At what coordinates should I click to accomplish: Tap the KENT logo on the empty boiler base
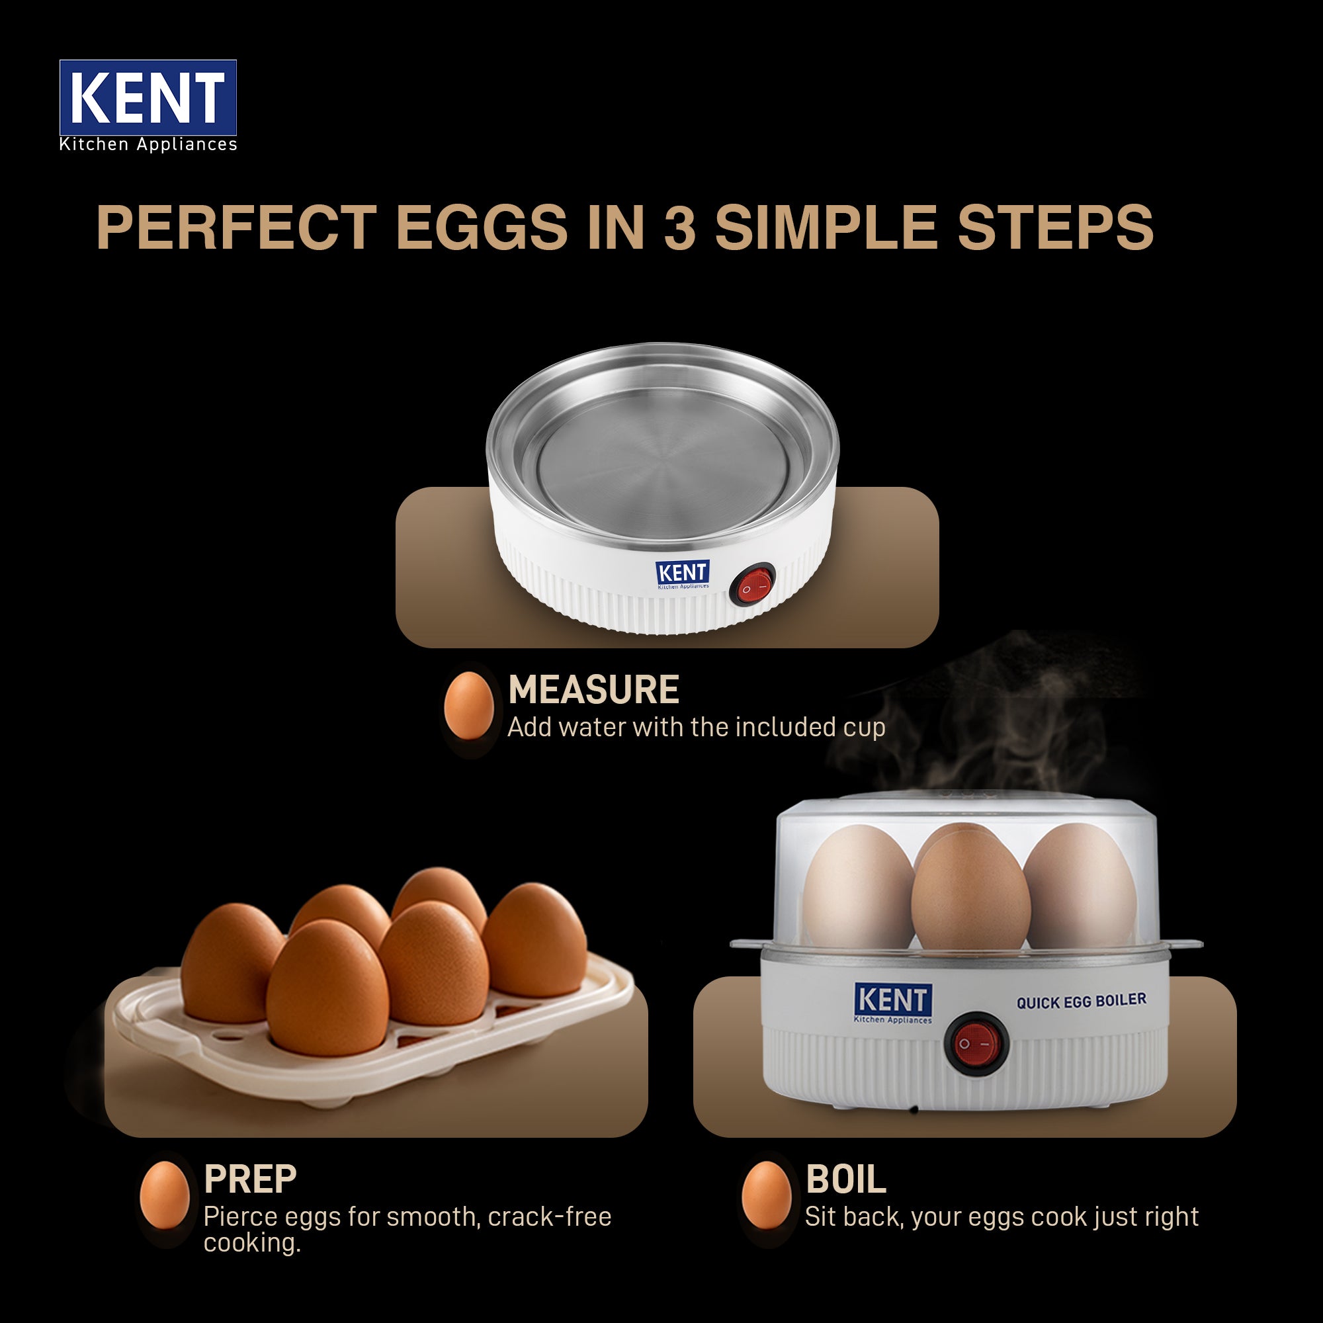tap(682, 574)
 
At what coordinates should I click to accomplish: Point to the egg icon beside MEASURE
tap(468, 705)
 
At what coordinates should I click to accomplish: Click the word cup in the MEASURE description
tap(864, 728)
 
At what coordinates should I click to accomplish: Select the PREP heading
tap(250, 1179)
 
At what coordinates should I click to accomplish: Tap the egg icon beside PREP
tap(164, 1194)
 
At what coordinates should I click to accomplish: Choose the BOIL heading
tap(845, 1179)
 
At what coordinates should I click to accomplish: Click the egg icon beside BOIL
tap(766, 1194)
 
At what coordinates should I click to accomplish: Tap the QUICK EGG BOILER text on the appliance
tap(1081, 1001)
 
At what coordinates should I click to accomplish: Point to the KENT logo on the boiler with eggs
tap(893, 1003)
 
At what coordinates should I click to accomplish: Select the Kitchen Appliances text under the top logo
tap(148, 144)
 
